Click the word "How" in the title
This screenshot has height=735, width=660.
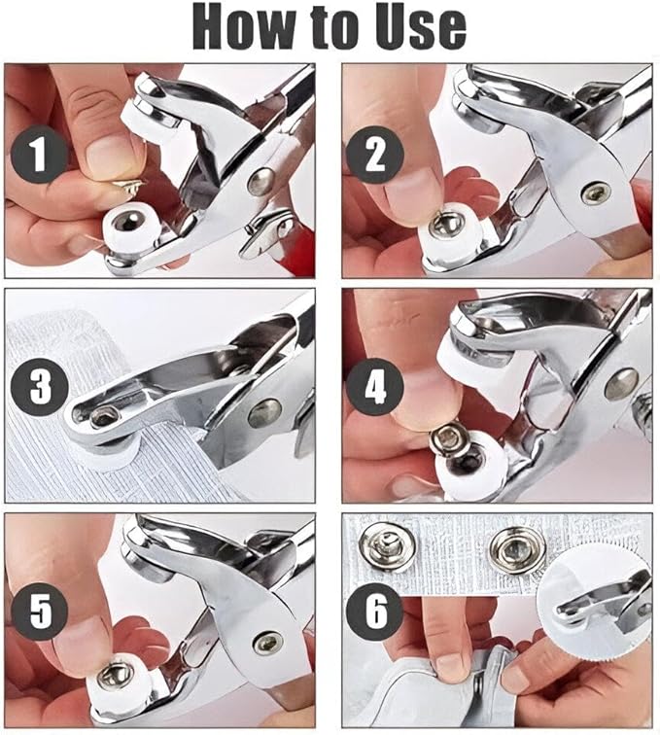click(x=243, y=27)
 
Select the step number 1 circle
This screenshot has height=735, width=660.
click(x=40, y=155)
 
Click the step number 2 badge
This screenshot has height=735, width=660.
click(x=375, y=155)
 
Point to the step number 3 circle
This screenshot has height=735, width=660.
click(x=40, y=387)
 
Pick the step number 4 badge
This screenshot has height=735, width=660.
click(x=375, y=387)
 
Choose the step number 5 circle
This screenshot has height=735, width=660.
click(x=40, y=612)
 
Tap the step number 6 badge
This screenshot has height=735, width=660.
click(x=375, y=612)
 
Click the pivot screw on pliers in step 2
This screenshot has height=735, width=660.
click(x=596, y=192)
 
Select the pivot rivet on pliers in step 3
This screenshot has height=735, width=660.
click(x=264, y=413)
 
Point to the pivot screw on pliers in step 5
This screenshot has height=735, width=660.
click(x=268, y=644)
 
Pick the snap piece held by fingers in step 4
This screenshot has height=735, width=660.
click(x=450, y=441)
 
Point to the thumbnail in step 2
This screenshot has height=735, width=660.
click(x=408, y=190)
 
